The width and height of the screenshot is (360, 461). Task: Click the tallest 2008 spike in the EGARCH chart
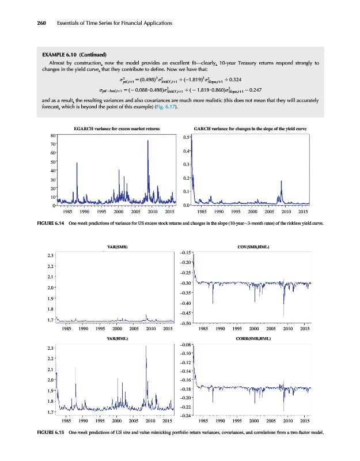(x=148, y=141)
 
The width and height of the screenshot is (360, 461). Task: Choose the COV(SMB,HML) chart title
(x=253, y=247)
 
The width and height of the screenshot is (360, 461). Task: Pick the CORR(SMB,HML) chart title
(x=253, y=339)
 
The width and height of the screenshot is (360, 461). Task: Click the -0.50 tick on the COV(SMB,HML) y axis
(x=185, y=324)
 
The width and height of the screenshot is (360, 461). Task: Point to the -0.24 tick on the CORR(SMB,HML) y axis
(x=185, y=416)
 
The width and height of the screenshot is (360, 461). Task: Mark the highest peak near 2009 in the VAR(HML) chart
(x=146, y=346)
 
